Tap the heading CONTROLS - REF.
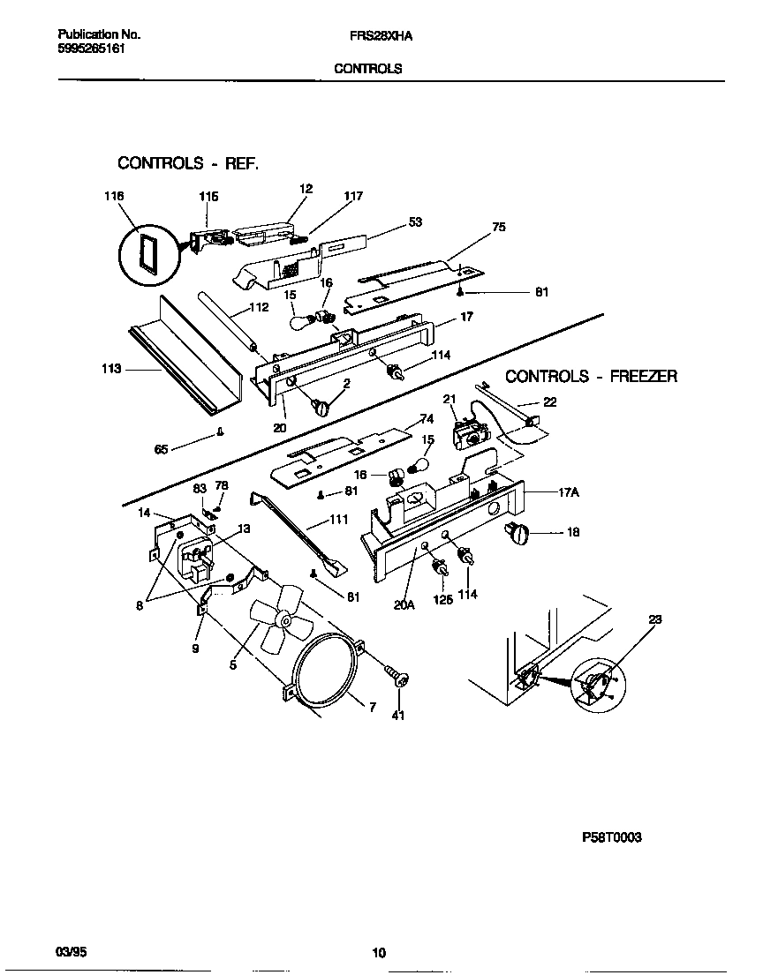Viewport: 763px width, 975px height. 188,163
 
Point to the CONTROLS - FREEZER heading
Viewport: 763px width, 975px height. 591,377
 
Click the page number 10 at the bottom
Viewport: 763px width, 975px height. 379,952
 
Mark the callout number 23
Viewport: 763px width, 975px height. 653,620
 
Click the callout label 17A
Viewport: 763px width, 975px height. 567,494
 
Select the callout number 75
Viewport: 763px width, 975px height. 499,227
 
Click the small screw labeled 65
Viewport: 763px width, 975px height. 220,432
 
